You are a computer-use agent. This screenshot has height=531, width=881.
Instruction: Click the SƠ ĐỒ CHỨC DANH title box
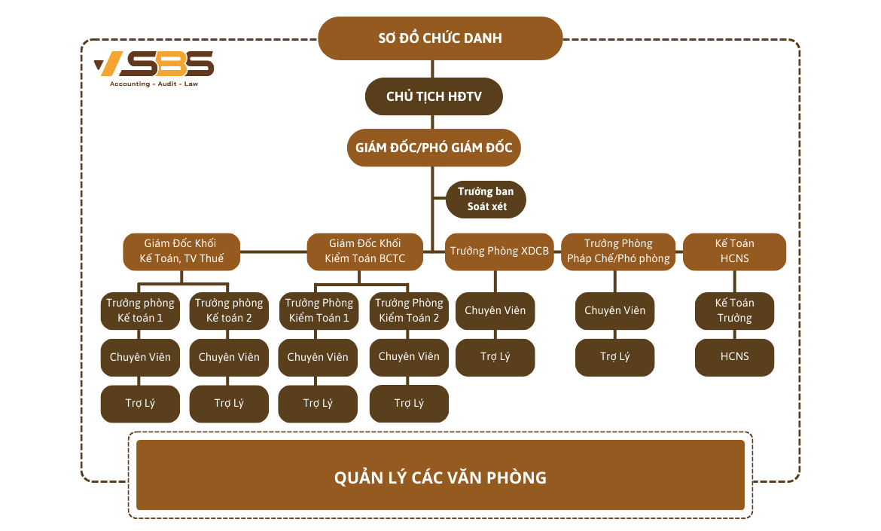pyautogui.click(x=440, y=38)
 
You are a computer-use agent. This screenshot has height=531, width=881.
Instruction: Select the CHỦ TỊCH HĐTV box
pyautogui.click(x=433, y=96)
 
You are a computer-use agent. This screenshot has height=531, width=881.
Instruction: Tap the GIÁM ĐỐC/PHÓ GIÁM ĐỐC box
pyautogui.click(x=433, y=148)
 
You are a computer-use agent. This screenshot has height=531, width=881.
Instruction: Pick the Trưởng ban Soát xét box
pyautogui.click(x=486, y=199)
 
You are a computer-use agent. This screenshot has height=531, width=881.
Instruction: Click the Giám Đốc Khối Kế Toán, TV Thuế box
pyautogui.click(x=181, y=252)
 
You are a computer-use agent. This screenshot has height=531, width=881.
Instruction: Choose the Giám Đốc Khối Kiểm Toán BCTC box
pyautogui.click(x=364, y=252)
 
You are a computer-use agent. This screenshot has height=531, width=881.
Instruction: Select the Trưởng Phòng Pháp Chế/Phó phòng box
pyautogui.click(x=619, y=252)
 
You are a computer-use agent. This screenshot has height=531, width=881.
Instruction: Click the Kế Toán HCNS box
pyautogui.click(x=734, y=252)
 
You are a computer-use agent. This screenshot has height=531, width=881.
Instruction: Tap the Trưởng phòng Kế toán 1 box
pyautogui.click(x=140, y=310)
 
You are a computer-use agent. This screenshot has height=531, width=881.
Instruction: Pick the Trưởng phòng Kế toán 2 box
pyautogui.click(x=229, y=310)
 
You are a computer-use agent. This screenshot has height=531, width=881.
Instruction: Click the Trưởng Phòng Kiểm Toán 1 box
pyautogui.click(x=319, y=310)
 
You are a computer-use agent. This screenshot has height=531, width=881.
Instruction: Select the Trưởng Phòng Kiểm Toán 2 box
pyautogui.click(x=409, y=310)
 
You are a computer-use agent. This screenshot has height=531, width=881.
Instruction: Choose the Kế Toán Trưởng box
pyautogui.click(x=734, y=310)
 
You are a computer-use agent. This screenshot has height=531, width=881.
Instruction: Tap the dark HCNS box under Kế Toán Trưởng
pyautogui.click(x=734, y=357)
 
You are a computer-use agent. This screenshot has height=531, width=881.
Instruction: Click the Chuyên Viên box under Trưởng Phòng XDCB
pyautogui.click(x=495, y=310)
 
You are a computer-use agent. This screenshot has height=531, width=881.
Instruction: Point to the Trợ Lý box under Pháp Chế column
pyautogui.click(x=614, y=357)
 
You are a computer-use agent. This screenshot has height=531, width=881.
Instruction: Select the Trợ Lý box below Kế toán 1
pyautogui.click(x=140, y=404)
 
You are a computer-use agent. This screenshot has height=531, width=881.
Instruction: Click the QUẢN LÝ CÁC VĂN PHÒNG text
pyautogui.click(x=440, y=478)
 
